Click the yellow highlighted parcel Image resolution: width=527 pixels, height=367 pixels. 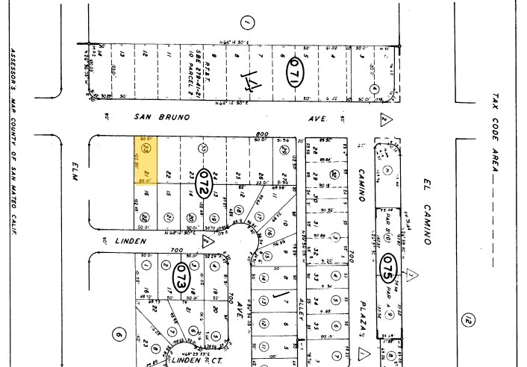pos(146,159)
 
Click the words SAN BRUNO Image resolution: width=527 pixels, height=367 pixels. pos(162,117)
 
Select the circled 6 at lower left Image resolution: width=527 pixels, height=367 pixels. pos(117,336)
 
